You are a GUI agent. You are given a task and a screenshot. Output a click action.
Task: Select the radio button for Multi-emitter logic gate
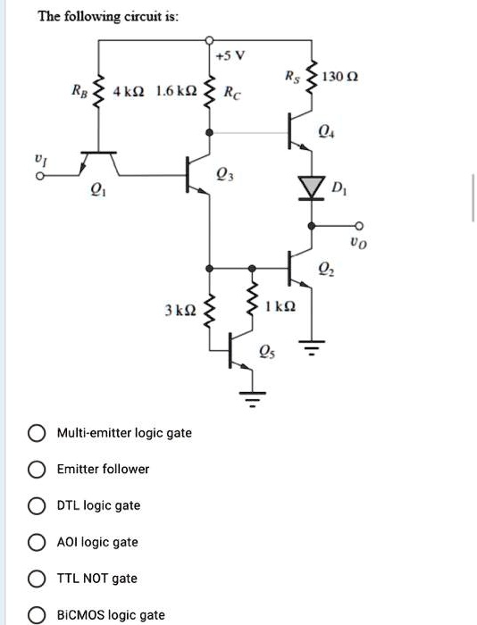(37, 433)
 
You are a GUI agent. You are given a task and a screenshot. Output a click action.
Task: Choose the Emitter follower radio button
(37, 470)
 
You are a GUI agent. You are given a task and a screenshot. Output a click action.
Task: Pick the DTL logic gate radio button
(37, 506)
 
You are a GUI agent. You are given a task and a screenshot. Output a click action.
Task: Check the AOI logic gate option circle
(37, 542)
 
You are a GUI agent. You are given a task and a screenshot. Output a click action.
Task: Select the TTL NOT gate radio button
(37, 579)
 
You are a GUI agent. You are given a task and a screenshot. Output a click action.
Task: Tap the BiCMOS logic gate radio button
(37, 614)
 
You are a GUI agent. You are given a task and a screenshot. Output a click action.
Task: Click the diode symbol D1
(312, 186)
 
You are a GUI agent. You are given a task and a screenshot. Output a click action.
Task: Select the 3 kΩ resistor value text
(180, 310)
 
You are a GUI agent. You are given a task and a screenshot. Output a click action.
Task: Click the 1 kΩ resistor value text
(280, 306)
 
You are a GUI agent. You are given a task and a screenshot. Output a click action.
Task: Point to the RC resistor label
(231, 92)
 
